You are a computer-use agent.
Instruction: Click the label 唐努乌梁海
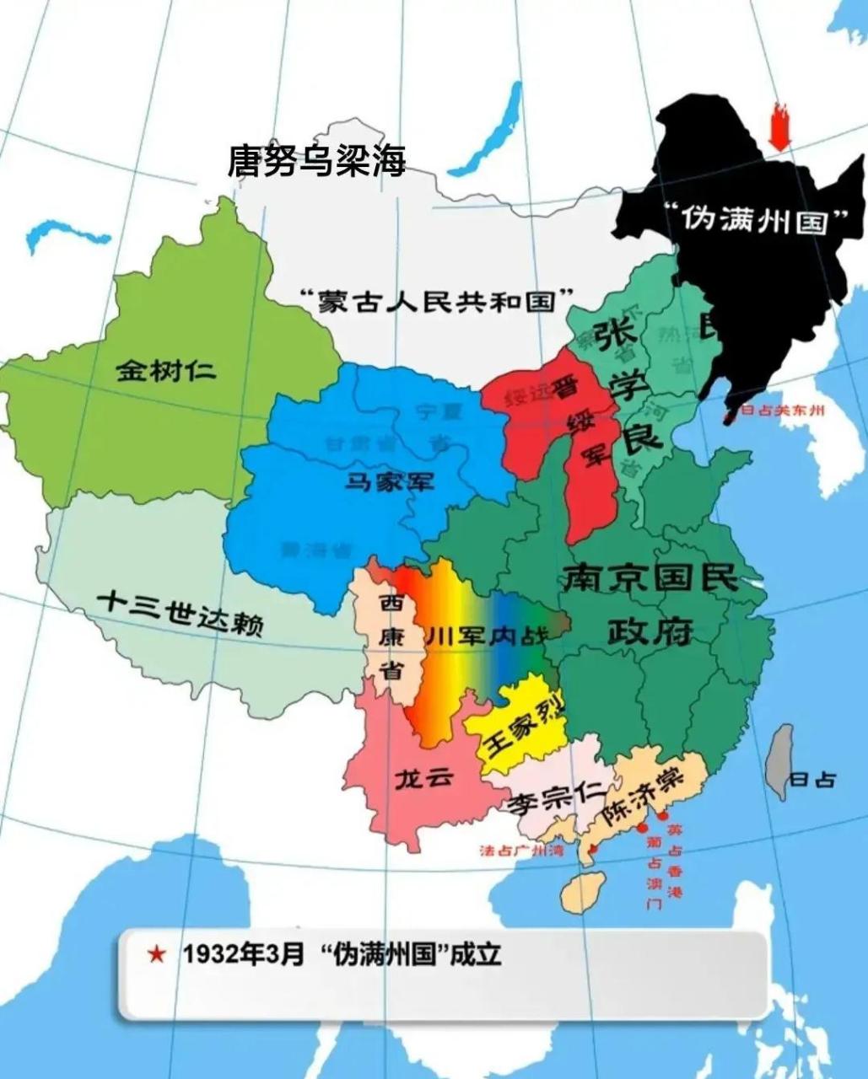(x=316, y=160)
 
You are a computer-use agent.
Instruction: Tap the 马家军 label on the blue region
(x=390, y=481)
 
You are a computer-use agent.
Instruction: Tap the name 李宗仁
(x=554, y=797)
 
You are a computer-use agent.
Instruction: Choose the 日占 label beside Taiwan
(x=813, y=780)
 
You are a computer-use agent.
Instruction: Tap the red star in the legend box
(x=156, y=954)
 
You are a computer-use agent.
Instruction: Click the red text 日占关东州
(x=781, y=411)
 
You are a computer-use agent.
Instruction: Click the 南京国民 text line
(x=650, y=578)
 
